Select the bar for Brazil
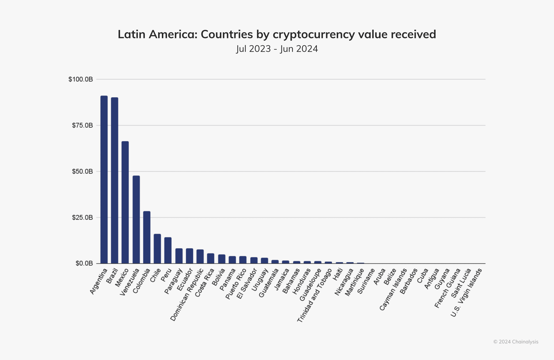[x=115, y=180]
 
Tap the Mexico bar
[x=125, y=202]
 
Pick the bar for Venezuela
[x=136, y=220]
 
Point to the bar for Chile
[x=157, y=249]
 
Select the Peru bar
[x=168, y=250]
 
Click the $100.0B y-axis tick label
[x=81, y=79]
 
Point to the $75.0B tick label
[x=82, y=125]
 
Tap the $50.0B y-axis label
[x=82, y=171]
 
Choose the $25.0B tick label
[x=82, y=217]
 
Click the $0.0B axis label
[x=84, y=263]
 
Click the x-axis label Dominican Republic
[x=187, y=295]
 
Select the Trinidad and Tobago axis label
[x=315, y=295]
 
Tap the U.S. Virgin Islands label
[x=466, y=292]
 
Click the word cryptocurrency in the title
[x=314, y=34]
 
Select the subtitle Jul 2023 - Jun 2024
[x=277, y=49]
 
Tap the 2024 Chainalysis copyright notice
[x=516, y=342]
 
